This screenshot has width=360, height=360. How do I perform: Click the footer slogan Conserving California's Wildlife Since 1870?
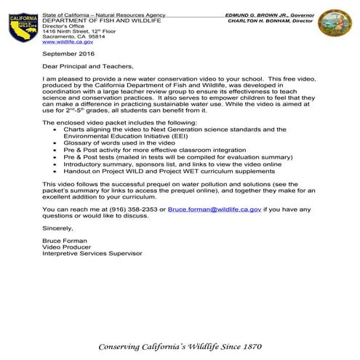click(x=180, y=345)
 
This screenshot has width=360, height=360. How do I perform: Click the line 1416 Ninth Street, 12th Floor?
click(x=81, y=32)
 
